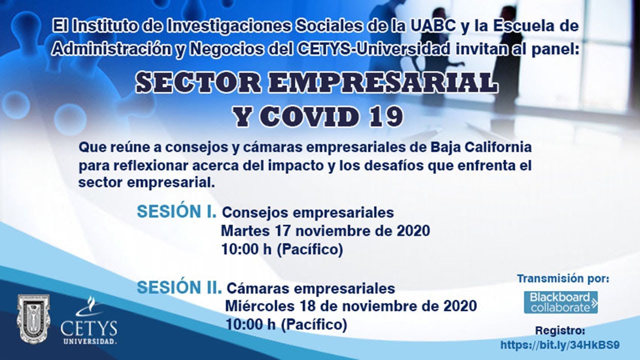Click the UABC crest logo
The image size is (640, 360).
pyautogui.click(x=33, y=319)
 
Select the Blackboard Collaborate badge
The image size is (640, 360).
pyautogui.click(x=560, y=302)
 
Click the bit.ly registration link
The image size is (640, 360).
pyautogui.click(x=560, y=345)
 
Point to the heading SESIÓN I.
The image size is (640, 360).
pyautogui.click(x=176, y=212)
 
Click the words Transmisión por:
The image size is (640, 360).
pyautogui.click(x=563, y=278)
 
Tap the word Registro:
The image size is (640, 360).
pyautogui.click(x=560, y=330)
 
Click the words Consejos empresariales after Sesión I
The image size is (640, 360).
pyautogui.click(x=307, y=212)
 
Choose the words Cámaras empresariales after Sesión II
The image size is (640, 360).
pyautogui.click(x=310, y=288)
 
